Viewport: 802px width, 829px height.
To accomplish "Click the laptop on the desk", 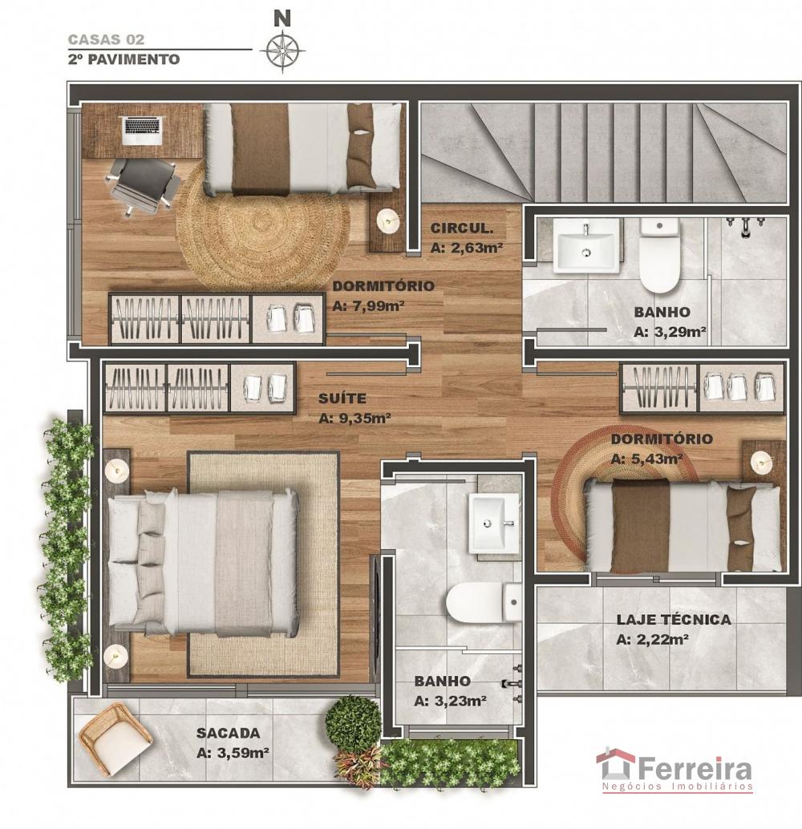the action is click(x=141, y=131).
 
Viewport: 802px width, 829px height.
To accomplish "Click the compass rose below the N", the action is click(x=282, y=51).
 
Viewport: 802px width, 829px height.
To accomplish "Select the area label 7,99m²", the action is click(x=369, y=306).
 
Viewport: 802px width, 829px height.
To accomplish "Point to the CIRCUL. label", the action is click(x=462, y=228).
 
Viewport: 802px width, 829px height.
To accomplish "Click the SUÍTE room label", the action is click(x=342, y=398).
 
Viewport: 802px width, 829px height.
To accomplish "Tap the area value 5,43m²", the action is click(x=646, y=459).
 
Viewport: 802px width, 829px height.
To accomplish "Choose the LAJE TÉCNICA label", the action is click(x=674, y=619).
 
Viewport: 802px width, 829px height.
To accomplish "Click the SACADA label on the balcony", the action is click(x=228, y=733).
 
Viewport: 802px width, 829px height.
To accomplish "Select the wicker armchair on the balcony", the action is click(x=115, y=739).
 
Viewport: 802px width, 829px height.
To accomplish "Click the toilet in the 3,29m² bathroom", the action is click(x=659, y=256).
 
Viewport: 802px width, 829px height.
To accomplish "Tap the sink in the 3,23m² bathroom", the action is click(x=494, y=523).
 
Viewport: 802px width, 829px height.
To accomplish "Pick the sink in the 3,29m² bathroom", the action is click(x=586, y=245).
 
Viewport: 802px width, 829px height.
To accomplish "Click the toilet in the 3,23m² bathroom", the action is click(x=484, y=602).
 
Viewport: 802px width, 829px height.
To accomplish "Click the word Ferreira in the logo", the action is click(x=695, y=769).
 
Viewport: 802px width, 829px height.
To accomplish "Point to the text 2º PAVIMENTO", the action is click(x=124, y=59).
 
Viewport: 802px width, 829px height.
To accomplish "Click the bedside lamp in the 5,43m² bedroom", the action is click(x=762, y=463).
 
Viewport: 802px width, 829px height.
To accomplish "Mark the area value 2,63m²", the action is click(x=467, y=248).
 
